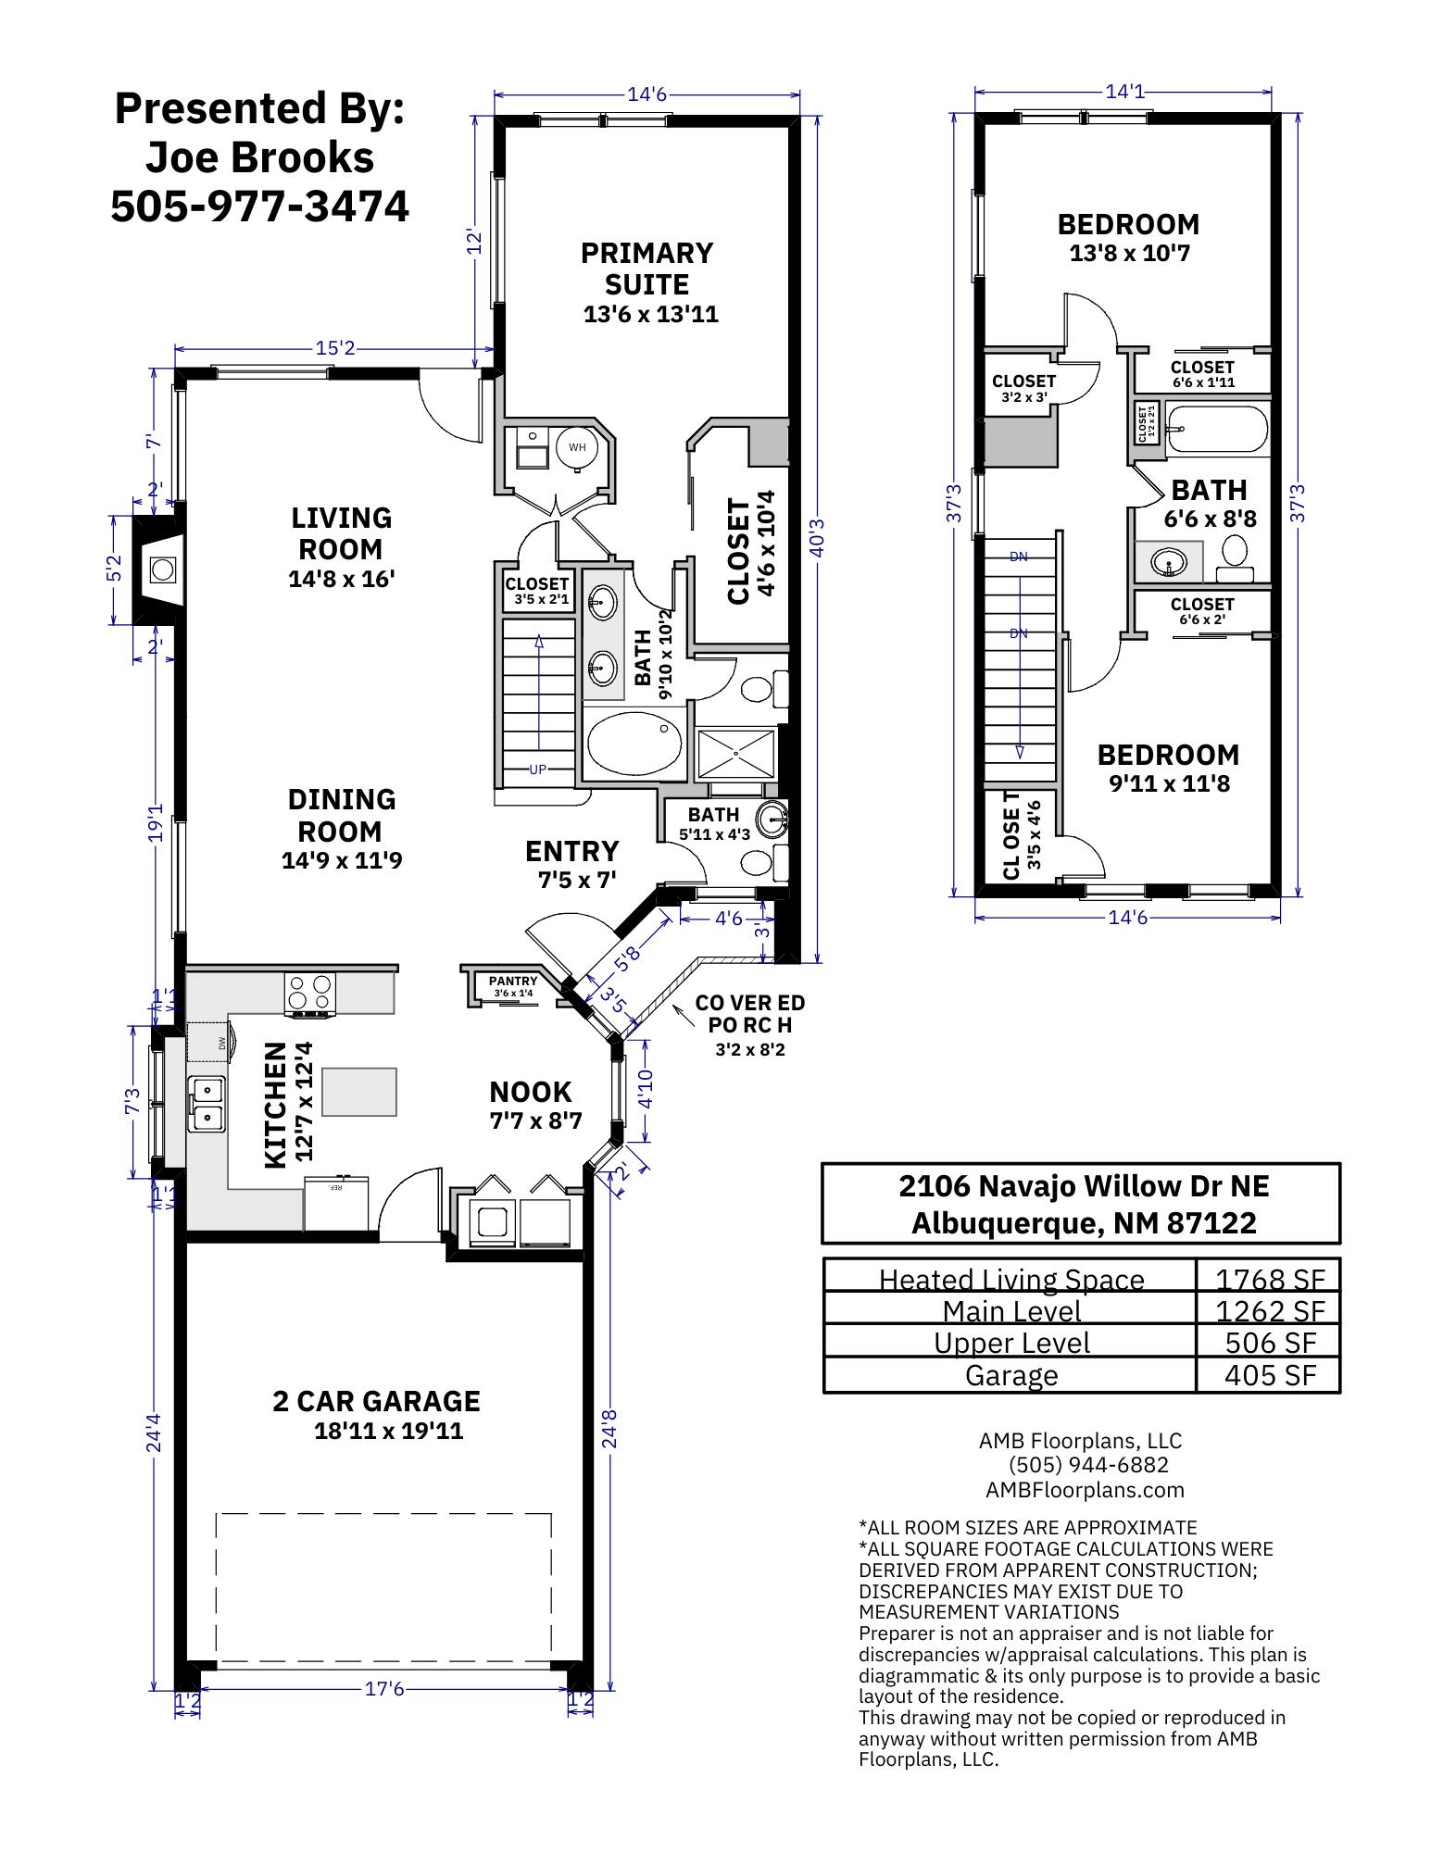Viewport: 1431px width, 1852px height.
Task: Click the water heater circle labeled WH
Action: [x=577, y=447]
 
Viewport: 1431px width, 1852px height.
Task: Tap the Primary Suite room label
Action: [x=646, y=269]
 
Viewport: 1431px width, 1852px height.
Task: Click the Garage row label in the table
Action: [x=1010, y=1375]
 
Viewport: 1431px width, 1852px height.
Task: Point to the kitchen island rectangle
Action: [x=358, y=1092]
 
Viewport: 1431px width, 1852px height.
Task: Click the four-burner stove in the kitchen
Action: [x=309, y=992]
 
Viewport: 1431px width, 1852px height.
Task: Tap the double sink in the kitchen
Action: [x=207, y=1104]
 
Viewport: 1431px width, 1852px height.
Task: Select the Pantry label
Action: [x=513, y=982]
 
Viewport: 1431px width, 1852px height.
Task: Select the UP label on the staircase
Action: [x=537, y=770]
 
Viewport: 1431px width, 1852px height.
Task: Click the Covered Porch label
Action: [x=749, y=1014]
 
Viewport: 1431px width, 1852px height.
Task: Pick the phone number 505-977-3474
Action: [x=259, y=206]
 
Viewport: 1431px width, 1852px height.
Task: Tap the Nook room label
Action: [x=531, y=1093]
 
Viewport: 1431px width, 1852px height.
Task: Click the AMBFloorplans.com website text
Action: [x=1085, y=1490]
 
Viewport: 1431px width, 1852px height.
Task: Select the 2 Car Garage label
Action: [x=376, y=1401]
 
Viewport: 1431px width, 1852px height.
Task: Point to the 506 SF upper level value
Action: [x=1270, y=1343]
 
